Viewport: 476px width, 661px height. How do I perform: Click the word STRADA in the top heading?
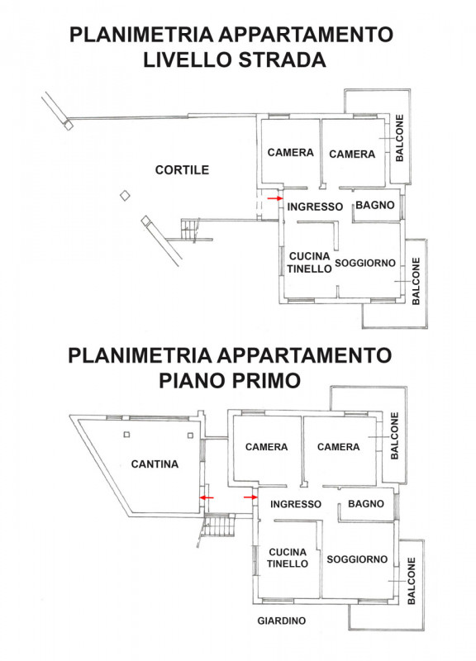click(x=282, y=59)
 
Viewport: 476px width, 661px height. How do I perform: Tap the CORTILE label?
click(x=182, y=170)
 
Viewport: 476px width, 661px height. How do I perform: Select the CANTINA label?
click(x=155, y=464)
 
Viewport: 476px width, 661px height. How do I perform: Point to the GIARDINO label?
click(x=282, y=621)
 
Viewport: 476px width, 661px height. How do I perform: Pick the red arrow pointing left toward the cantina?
click(x=207, y=497)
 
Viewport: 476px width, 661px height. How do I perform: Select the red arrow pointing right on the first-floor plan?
click(x=250, y=497)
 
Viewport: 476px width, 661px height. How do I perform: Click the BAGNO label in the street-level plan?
click(x=375, y=205)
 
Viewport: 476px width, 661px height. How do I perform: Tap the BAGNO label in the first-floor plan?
click(x=366, y=504)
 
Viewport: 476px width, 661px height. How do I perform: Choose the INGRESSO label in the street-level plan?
click(x=315, y=207)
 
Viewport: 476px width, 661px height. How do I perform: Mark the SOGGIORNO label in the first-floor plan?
click(x=357, y=559)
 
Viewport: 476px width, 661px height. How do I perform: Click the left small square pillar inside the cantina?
click(x=126, y=435)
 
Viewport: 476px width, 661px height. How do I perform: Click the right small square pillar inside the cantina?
click(x=190, y=435)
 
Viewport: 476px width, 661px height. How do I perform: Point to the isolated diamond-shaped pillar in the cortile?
click(x=125, y=196)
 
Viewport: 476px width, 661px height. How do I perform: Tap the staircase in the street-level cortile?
click(x=191, y=230)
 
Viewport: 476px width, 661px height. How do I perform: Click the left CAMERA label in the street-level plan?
click(x=291, y=152)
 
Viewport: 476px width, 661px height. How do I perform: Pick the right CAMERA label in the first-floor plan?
click(x=339, y=447)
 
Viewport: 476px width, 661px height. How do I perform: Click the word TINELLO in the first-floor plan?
click(x=288, y=564)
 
